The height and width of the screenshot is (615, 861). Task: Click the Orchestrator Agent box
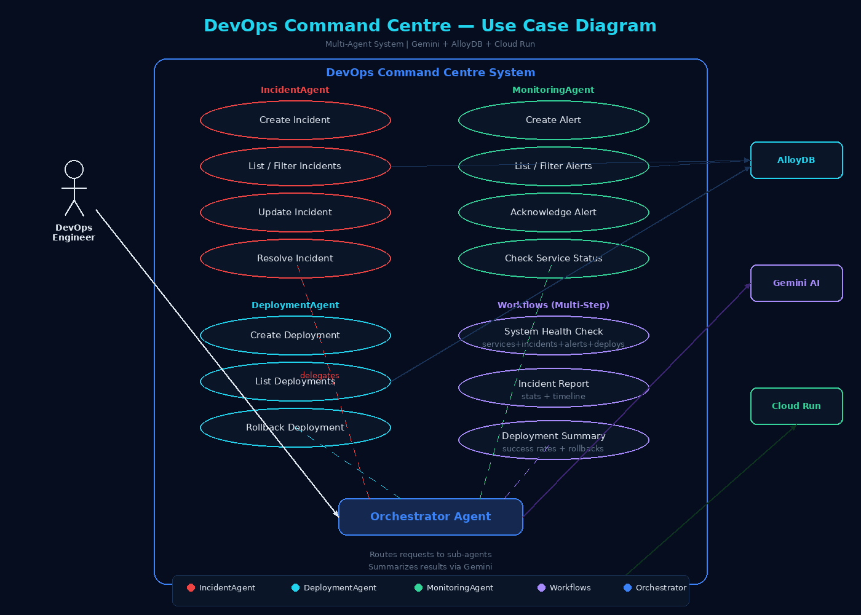point(430,517)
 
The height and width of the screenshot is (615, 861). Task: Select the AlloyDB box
point(796,160)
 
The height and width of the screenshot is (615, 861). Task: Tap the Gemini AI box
point(796,283)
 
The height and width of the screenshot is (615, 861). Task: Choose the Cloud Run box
point(796,406)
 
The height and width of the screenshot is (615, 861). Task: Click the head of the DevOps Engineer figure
point(74,169)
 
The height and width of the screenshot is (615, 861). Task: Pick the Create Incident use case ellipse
point(295,120)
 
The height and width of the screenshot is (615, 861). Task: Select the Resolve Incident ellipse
point(295,258)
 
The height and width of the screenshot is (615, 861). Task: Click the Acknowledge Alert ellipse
point(553,212)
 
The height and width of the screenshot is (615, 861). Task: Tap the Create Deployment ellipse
point(295,335)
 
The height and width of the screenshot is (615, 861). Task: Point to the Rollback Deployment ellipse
point(295,427)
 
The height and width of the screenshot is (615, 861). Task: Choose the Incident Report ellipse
point(553,387)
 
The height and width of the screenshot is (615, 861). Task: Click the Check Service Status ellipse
point(553,258)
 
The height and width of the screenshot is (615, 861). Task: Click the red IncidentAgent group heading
point(295,90)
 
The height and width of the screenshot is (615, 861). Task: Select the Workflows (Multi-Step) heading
point(553,305)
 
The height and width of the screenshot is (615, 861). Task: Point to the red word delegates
point(320,375)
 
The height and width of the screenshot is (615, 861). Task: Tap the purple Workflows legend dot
point(541,587)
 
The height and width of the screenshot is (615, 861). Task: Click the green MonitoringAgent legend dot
point(418,587)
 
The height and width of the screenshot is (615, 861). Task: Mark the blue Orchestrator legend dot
point(627,587)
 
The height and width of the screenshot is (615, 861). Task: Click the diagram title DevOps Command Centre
point(430,26)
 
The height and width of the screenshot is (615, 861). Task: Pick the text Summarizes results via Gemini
point(430,567)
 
